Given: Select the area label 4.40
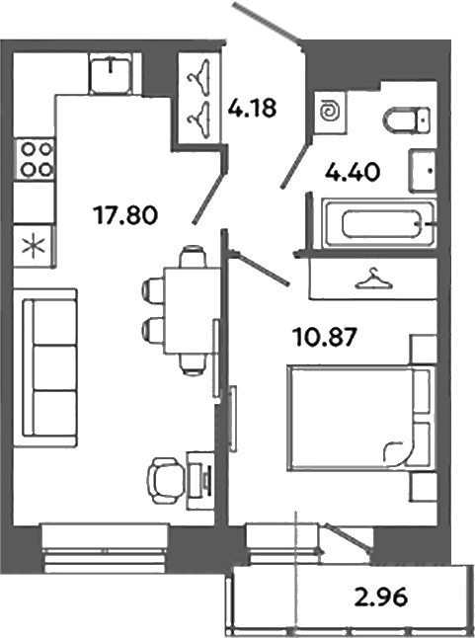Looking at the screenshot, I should point(353,175).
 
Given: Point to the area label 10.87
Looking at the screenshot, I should point(323,337).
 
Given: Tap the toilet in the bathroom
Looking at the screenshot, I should point(405,120).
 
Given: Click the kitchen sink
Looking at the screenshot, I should point(112,72).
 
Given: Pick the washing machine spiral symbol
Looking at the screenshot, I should point(329,114).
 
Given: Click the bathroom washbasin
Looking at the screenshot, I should point(426,170).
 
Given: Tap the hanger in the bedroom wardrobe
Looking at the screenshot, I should point(371,280).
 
